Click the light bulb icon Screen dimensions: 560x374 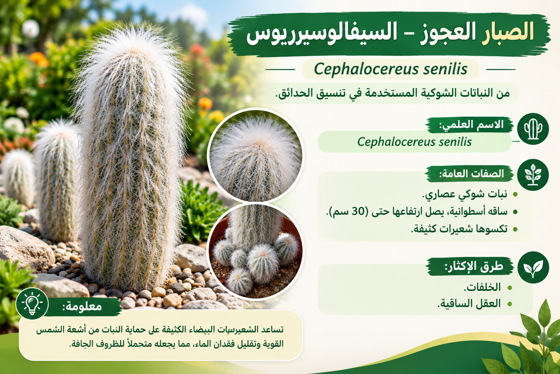(32, 304)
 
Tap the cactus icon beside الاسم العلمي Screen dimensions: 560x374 (533, 129)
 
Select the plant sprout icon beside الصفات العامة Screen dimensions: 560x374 (533, 175)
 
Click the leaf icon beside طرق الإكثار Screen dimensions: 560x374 (533, 268)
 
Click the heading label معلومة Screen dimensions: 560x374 (82, 306)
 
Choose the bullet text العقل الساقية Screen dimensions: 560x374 (469, 304)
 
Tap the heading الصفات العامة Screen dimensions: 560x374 (472, 173)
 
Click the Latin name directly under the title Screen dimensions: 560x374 (390, 69)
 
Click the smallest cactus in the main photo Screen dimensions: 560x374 (18, 177)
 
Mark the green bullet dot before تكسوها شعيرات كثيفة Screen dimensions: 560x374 (515, 229)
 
